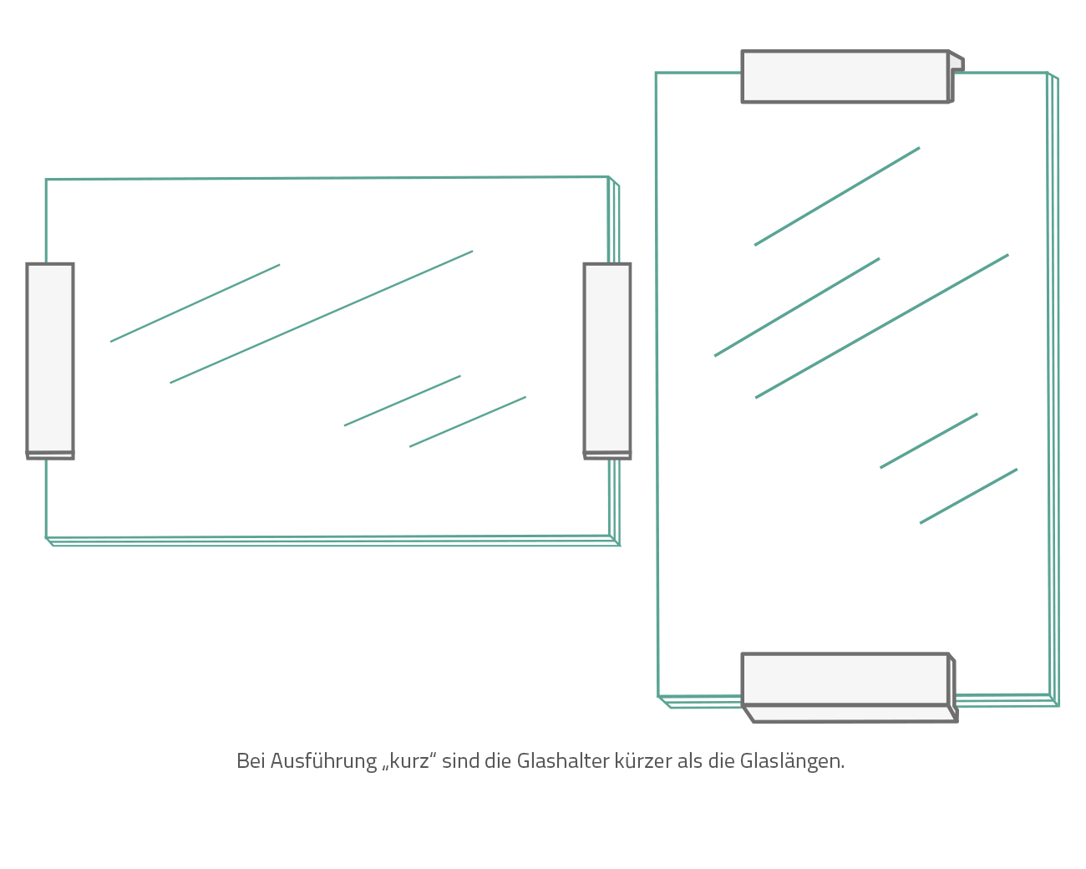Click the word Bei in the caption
coord(251,761)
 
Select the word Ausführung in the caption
coord(323,762)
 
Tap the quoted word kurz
coord(409,761)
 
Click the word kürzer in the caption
coord(643,761)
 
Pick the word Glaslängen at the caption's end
coord(792,762)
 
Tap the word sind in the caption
coord(461,761)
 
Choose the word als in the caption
coord(690,761)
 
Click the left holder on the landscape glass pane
coord(50,361)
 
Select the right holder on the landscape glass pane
coord(607,361)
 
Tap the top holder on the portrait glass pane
coord(853,76)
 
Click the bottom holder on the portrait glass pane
coord(850,688)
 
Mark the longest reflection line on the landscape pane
coord(322,318)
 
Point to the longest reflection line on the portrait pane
coord(881,326)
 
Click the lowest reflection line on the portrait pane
coord(968,496)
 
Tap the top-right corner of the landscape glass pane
coord(609,177)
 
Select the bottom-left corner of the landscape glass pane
coord(46,538)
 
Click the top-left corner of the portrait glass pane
coord(656,73)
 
